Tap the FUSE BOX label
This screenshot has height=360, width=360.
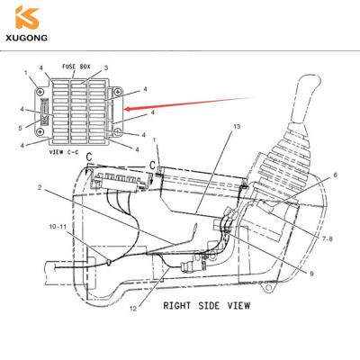pyautogui.click(x=76, y=67)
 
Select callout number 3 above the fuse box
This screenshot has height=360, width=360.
pyautogui.click(x=106, y=68)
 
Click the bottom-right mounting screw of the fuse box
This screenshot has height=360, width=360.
pyautogui.click(x=116, y=131)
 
